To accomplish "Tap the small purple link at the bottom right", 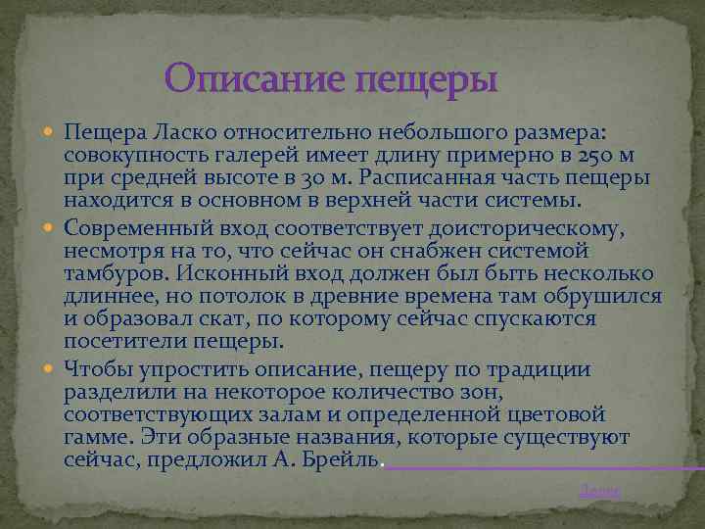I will click(x=599, y=492).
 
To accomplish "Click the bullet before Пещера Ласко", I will click(x=51, y=132).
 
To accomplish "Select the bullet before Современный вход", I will click(x=51, y=227).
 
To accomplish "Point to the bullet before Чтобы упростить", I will click(x=51, y=368).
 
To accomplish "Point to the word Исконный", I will click(x=228, y=273).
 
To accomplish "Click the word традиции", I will click(x=538, y=368).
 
